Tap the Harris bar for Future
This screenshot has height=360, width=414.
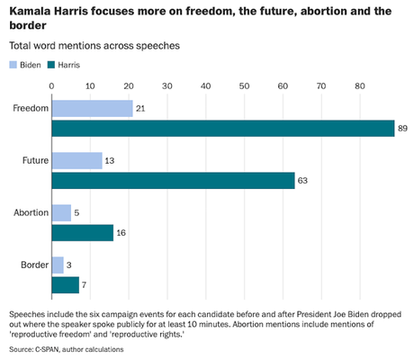[173, 181]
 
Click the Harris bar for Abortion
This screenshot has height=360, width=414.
[83, 233]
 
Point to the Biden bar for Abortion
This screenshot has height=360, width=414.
[61, 212]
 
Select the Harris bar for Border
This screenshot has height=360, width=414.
[66, 285]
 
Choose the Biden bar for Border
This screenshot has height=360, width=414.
[58, 265]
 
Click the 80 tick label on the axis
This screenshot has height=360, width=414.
[360, 85]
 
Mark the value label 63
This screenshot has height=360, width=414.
[303, 181]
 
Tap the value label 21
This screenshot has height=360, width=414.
[140, 108]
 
